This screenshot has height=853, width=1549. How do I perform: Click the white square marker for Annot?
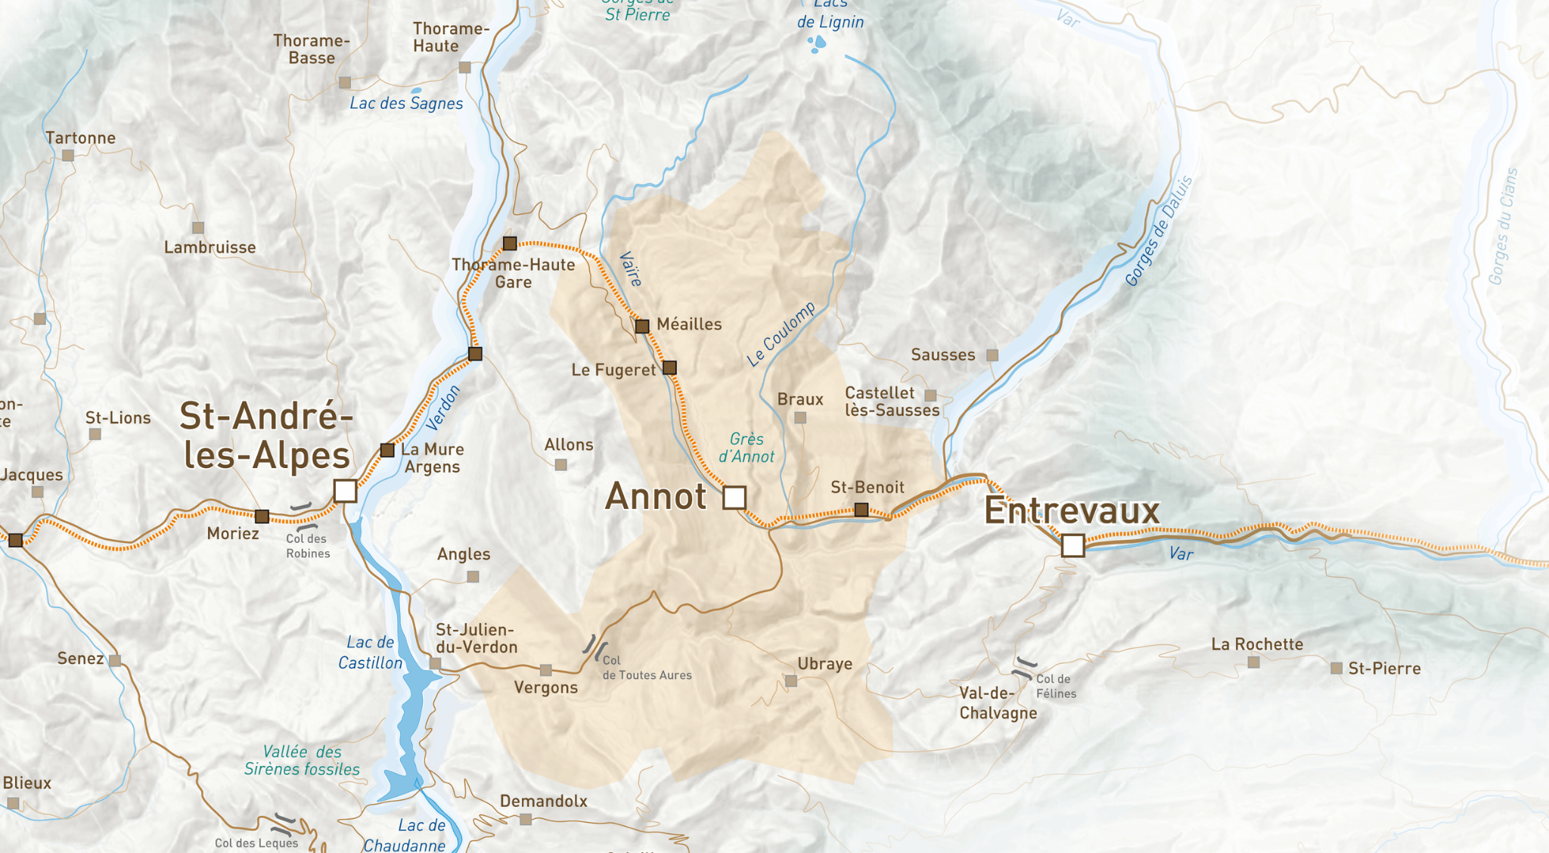point(734,498)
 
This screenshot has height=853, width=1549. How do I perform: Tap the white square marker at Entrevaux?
point(1073,545)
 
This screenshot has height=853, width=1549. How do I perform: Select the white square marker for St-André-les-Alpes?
point(345,491)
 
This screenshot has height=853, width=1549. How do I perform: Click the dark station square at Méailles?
point(642,327)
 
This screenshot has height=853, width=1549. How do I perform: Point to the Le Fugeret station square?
point(669,368)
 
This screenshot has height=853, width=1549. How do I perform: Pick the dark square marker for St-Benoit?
point(861,510)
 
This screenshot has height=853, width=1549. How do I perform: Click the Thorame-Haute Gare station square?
point(510,243)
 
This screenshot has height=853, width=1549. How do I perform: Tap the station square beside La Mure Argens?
point(387,451)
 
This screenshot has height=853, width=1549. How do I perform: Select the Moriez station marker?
point(262,516)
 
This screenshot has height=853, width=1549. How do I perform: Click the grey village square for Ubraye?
point(791,681)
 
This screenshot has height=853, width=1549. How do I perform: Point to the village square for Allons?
point(561,465)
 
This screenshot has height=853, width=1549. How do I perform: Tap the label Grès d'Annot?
point(747,448)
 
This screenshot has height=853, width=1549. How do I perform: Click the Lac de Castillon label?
point(370,653)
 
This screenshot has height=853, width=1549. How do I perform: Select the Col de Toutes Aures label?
point(646,668)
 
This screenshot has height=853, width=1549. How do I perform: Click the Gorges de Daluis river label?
point(1158,231)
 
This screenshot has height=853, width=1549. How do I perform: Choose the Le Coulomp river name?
point(781,333)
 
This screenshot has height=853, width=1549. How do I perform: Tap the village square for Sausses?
point(992,355)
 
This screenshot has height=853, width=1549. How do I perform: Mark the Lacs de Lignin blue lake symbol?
point(817,44)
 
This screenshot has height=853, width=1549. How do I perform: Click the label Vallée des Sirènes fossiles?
point(302,761)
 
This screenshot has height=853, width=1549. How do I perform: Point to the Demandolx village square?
point(526,820)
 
